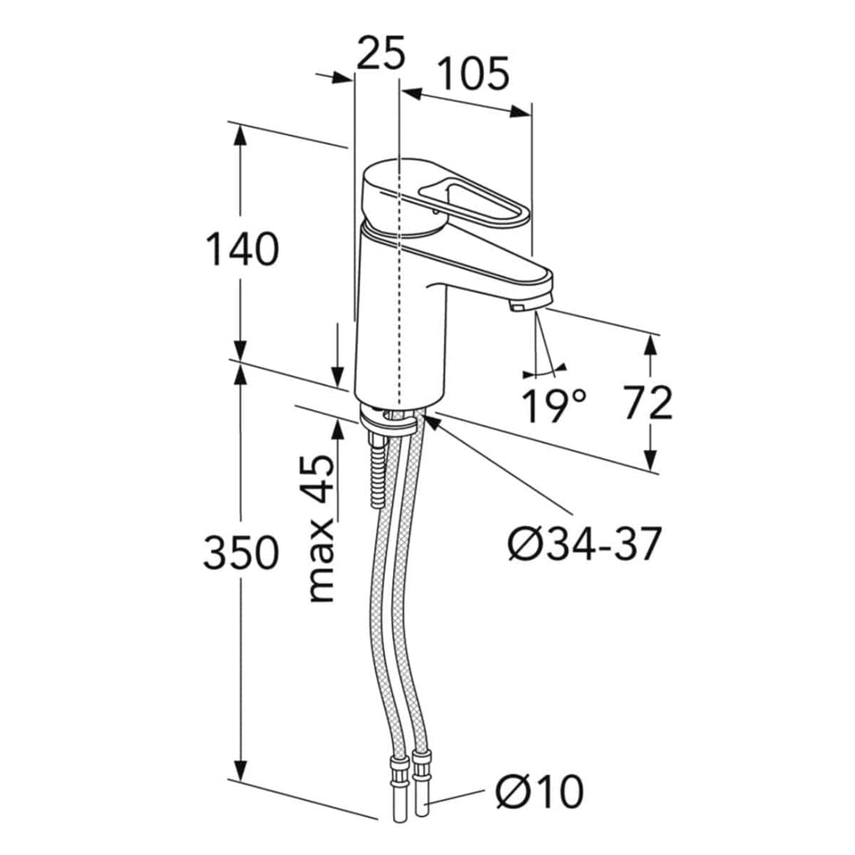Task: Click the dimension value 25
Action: (x=380, y=53)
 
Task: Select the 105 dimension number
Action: (x=473, y=73)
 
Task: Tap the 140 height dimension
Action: (x=242, y=249)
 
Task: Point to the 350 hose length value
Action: (x=241, y=552)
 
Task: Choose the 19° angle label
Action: (x=553, y=405)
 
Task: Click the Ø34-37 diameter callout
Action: (x=584, y=543)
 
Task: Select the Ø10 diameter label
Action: (x=539, y=793)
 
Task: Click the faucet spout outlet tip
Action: (x=519, y=308)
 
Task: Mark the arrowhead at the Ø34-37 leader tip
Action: (x=431, y=422)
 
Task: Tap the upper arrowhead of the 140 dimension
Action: (x=240, y=134)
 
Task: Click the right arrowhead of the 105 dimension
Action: (x=520, y=112)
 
